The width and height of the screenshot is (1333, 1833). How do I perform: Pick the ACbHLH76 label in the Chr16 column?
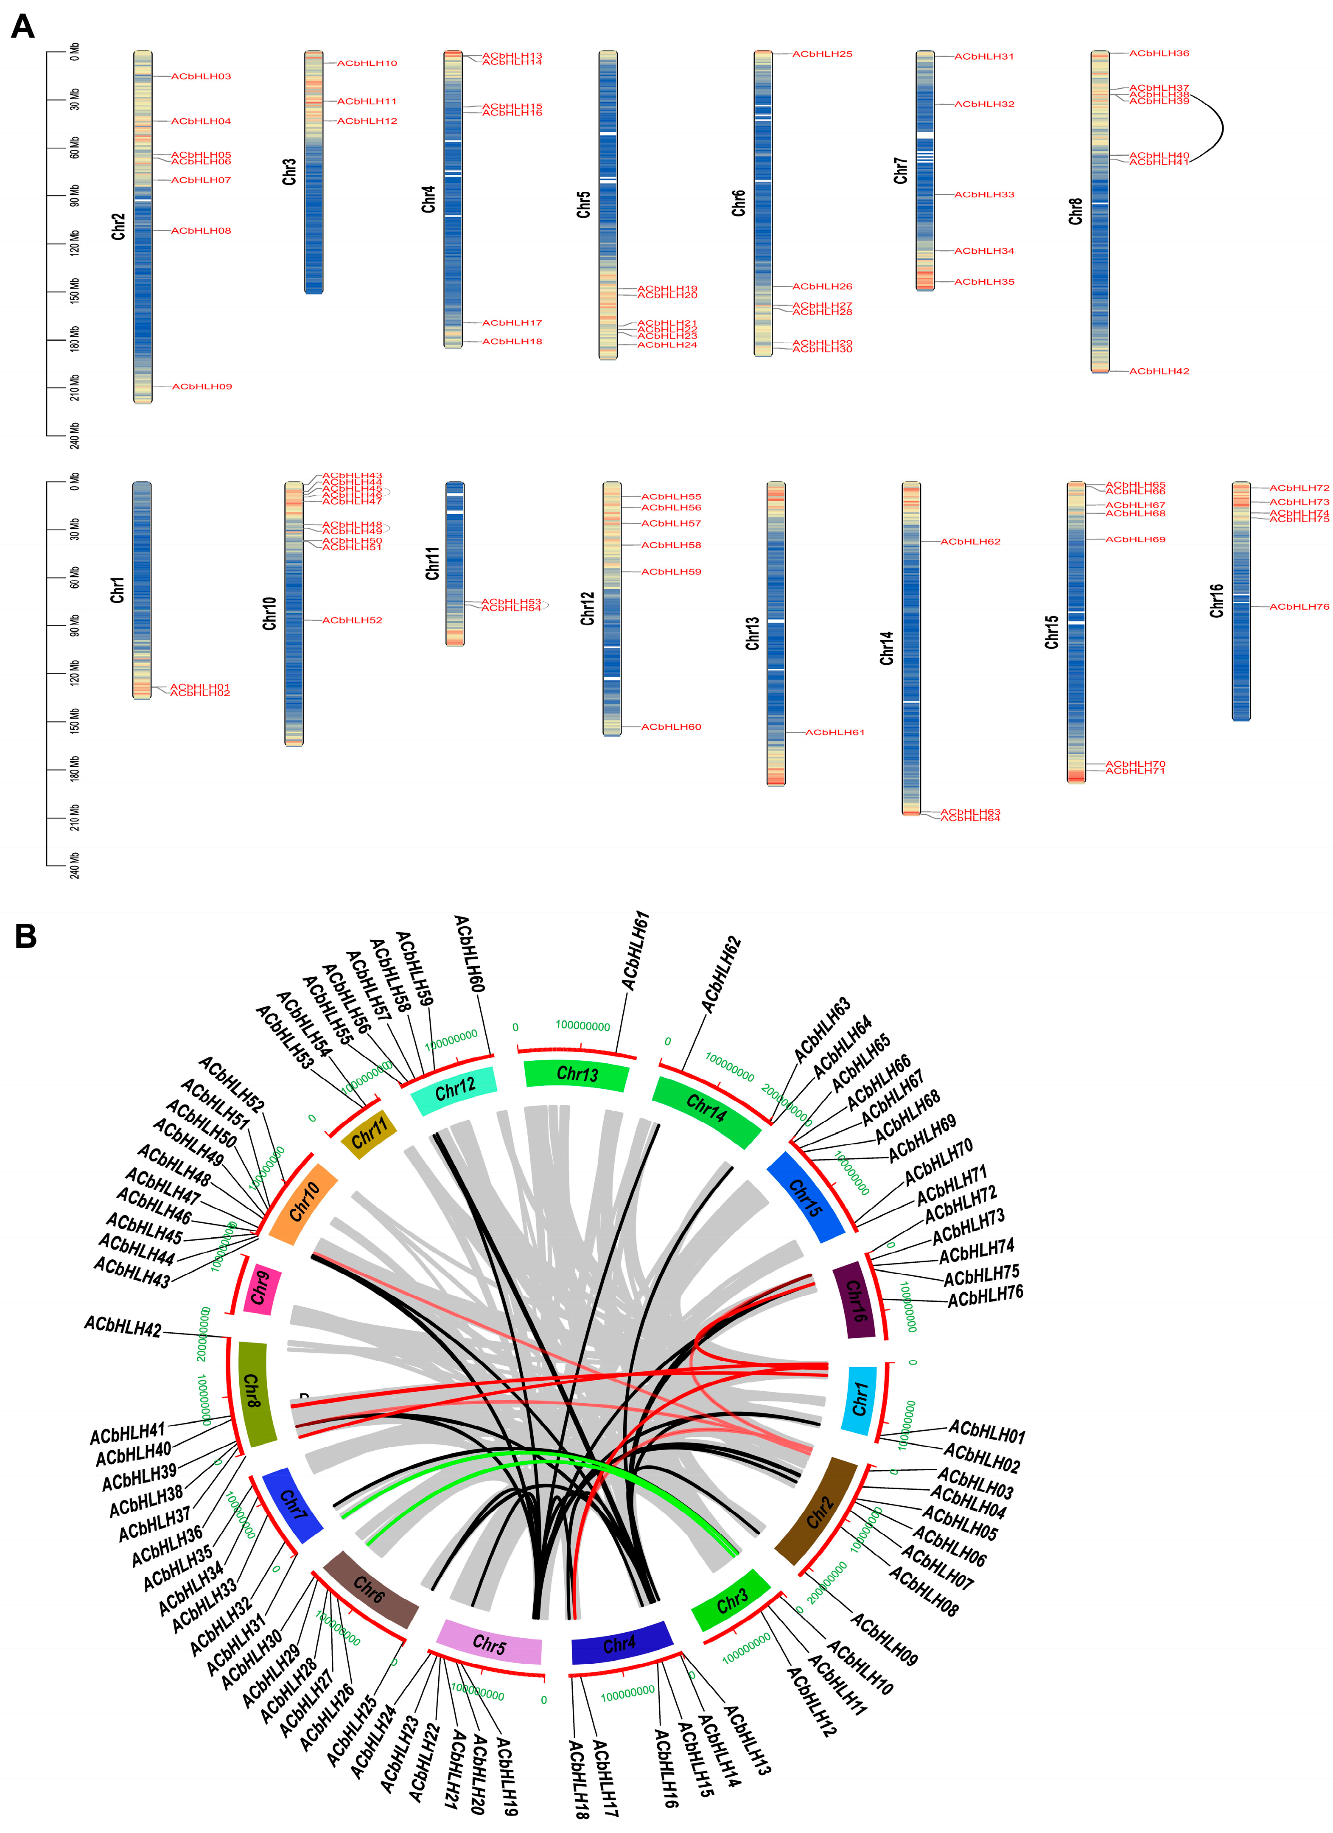(1298, 607)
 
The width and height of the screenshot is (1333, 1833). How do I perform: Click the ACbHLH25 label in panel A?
(822, 54)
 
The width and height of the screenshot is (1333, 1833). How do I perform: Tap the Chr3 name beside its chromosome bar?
(289, 171)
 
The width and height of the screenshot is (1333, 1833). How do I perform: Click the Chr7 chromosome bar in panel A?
(925, 170)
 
